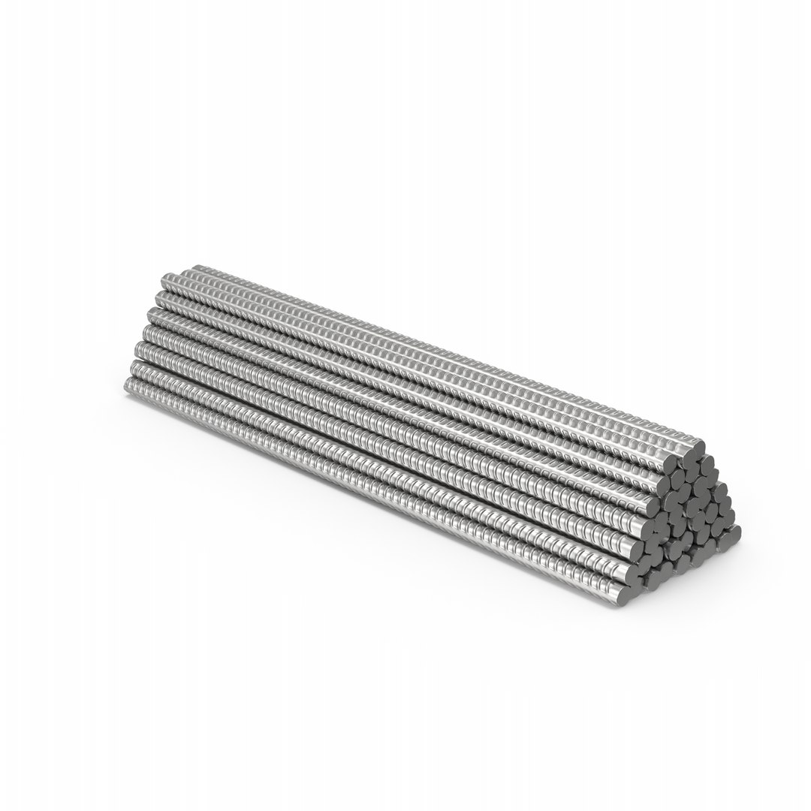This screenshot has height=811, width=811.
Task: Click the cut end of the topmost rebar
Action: click(x=699, y=448)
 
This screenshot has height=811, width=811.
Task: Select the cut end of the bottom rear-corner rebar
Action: click(x=735, y=532)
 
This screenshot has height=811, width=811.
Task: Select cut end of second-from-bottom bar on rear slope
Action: click(x=729, y=517)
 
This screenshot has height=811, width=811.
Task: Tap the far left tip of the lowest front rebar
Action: click(x=126, y=386)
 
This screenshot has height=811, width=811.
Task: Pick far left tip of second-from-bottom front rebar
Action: click(x=133, y=368)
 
